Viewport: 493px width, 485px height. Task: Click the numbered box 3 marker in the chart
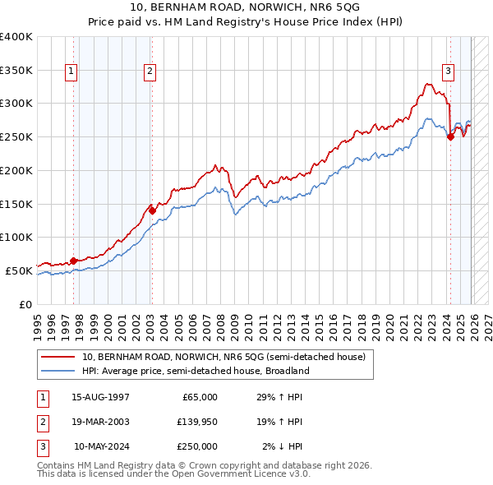pyautogui.click(x=449, y=72)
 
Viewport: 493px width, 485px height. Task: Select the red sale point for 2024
pyautogui.click(x=450, y=137)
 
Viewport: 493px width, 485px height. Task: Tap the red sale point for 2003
pyautogui.click(x=152, y=210)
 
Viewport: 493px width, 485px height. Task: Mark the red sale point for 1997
pyautogui.click(x=74, y=261)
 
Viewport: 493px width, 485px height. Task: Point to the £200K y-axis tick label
pyautogui.click(x=16, y=170)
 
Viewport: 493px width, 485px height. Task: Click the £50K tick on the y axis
pyautogui.click(x=19, y=270)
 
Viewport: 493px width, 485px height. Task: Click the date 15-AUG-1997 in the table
pyautogui.click(x=100, y=397)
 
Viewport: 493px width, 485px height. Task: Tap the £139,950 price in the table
pyautogui.click(x=197, y=422)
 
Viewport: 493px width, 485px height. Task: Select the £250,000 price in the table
pyautogui.click(x=197, y=446)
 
